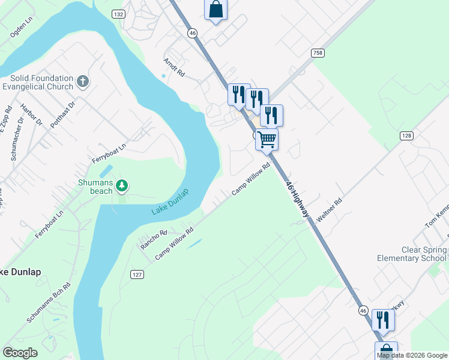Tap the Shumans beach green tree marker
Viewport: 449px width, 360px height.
point(122,185)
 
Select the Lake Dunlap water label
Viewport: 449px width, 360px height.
point(170,203)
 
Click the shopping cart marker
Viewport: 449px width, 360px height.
point(267,140)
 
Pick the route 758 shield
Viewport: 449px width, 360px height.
point(318,53)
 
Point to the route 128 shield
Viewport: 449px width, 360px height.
point(407,136)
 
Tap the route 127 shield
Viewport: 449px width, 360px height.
point(137,274)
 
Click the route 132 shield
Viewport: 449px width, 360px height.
point(118,14)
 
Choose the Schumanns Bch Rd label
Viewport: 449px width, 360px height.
point(49,303)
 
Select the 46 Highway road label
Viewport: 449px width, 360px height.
point(298,199)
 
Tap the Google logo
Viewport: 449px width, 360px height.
point(20,353)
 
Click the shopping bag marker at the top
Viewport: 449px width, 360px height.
point(216,10)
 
